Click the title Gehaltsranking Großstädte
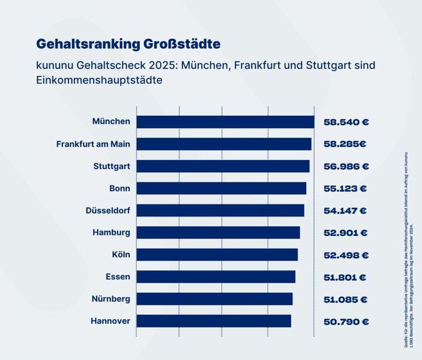[x=128, y=44]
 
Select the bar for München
[x=225, y=122]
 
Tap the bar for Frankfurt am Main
[x=224, y=144]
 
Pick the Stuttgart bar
[x=223, y=166]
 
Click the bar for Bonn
[x=221, y=188]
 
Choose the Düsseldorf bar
[x=220, y=211]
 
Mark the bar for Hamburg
[x=218, y=233]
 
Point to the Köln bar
[x=217, y=255]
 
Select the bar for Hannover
[x=214, y=322]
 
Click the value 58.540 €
[x=346, y=122]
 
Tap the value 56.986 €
[x=346, y=166]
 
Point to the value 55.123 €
[x=345, y=188]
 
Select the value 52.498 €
[x=345, y=255]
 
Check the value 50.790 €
[x=346, y=322]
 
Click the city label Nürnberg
[x=111, y=299]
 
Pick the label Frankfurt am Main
[x=93, y=144]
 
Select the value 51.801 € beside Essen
[x=345, y=277]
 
